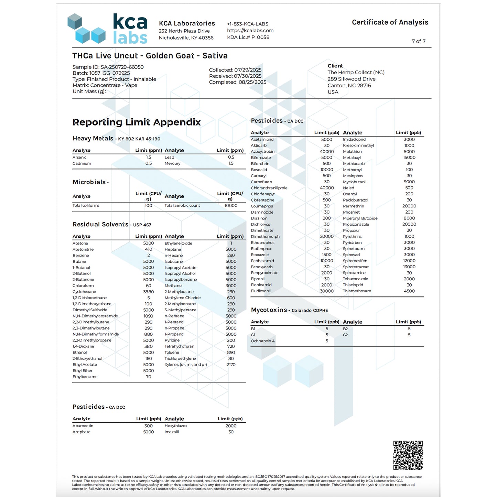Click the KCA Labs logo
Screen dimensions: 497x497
(107, 29)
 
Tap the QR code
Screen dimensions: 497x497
(408, 455)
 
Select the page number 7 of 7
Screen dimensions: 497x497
(418, 41)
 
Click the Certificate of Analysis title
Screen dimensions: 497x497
(390, 22)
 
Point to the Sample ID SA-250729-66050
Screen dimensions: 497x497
(108, 67)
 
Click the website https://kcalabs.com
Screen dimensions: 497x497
(250, 31)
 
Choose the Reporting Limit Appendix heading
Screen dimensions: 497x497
(137, 122)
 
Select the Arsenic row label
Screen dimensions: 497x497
(79, 158)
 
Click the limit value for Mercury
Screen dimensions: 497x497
(231, 163)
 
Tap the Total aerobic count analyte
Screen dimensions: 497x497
(182, 206)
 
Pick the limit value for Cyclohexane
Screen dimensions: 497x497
(148, 292)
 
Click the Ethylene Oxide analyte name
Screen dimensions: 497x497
(178, 244)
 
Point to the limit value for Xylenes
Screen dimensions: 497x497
(231, 365)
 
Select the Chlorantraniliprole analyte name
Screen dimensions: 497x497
(269, 188)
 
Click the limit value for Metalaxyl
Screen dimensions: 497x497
(409, 158)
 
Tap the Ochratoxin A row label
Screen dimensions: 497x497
(263, 341)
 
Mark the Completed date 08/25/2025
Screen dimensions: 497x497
(238, 82)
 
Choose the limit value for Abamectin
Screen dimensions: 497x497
(148, 426)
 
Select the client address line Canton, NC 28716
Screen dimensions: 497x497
(349, 86)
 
